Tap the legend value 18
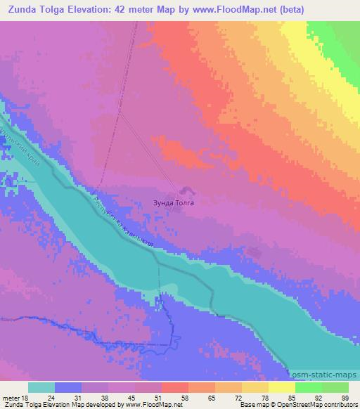coord(25,397)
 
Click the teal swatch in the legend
coord(41,387)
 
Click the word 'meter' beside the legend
coord(10,397)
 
